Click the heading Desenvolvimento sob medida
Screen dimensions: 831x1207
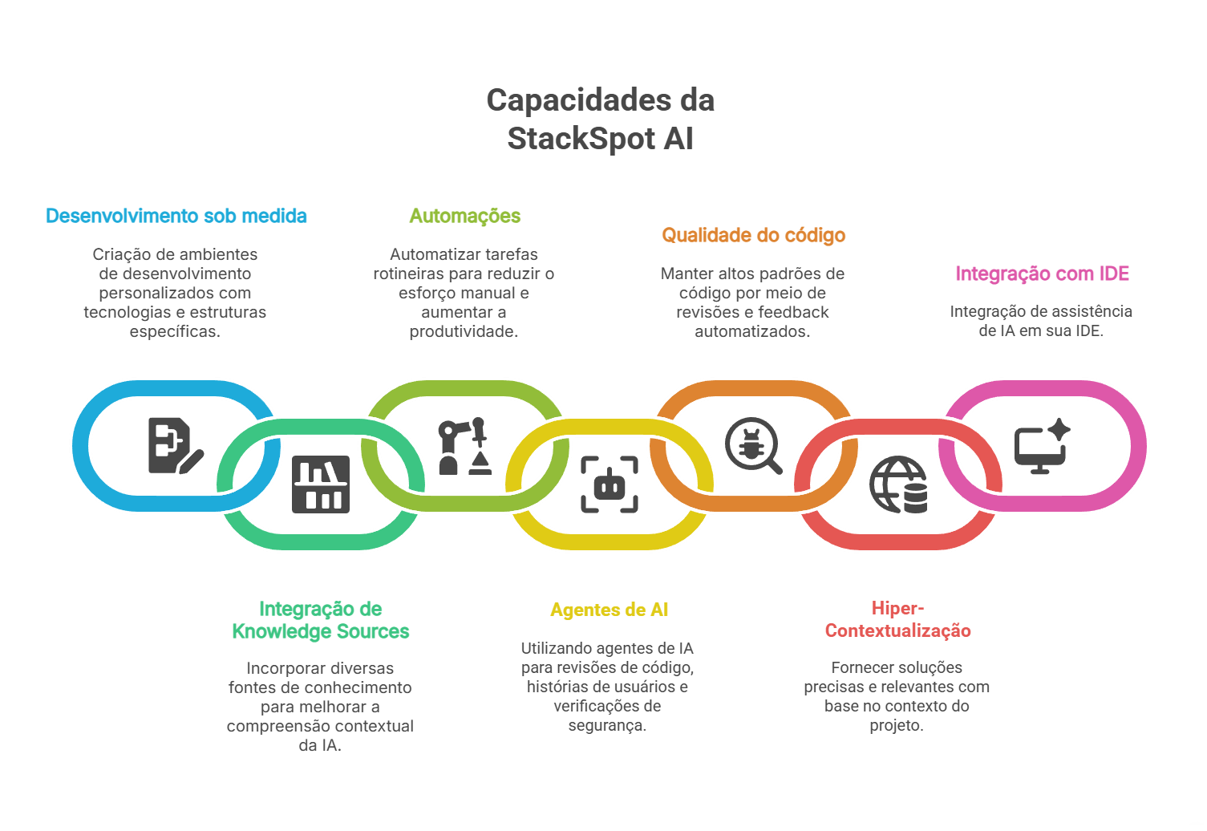tap(176, 216)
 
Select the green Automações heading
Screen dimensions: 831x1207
tap(464, 216)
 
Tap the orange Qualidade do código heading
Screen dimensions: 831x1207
tap(753, 235)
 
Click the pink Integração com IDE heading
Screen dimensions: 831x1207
tap(1042, 274)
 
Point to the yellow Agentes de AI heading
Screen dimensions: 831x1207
tap(609, 610)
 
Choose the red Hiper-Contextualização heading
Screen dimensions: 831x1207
tap(897, 619)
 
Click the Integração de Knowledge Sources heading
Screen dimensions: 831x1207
tap(320, 620)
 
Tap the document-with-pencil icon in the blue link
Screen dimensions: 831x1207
tap(175, 446)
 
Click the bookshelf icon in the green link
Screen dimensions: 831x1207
tap(320, 484)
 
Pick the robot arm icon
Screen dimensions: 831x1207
tap(464, 446)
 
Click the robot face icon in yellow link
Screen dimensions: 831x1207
tap(609, 484)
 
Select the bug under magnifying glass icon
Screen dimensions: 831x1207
tap(752, 445)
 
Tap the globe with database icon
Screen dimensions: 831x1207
tap(897, 484)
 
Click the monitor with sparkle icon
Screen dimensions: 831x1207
tap(1041, 446)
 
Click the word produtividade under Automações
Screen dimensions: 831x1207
tap(464, 331)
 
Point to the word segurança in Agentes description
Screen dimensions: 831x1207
tap(606, 725)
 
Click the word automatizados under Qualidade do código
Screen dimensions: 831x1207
tap(751, 331)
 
